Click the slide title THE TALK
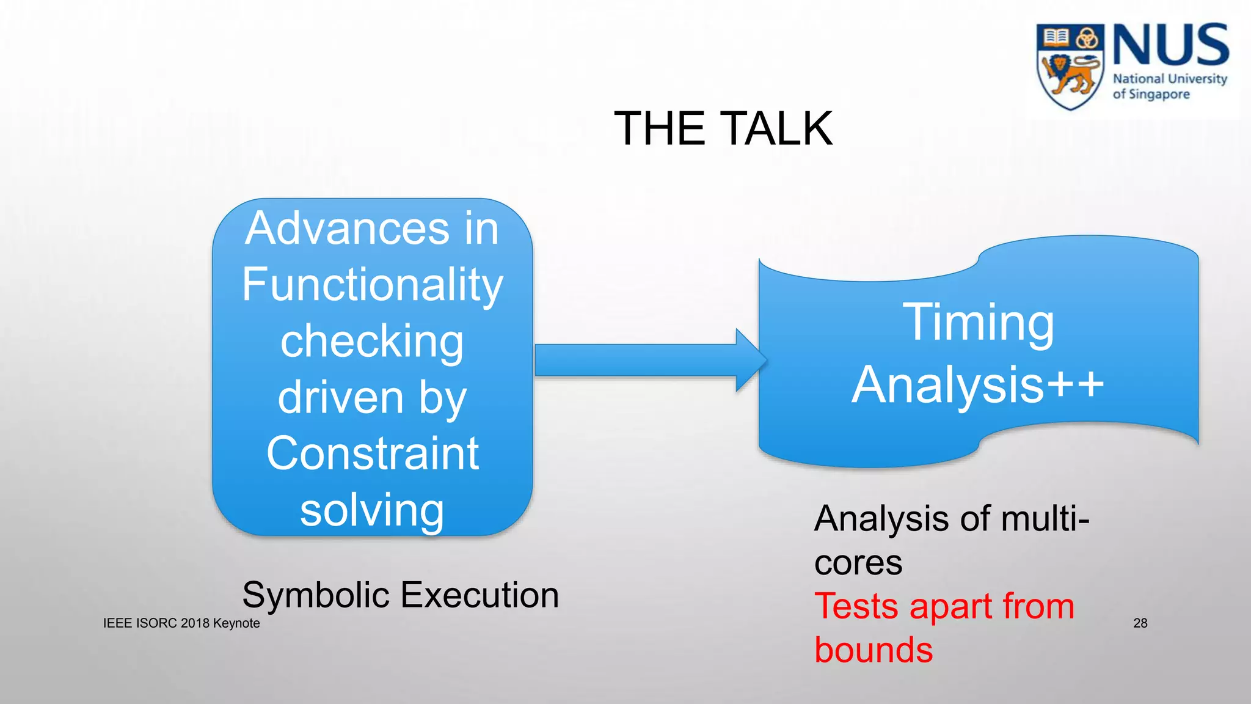pyautogui.click(x=723, y=129)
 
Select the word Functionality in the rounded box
pyautogui.click(x=372, y=285)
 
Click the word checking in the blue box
pyautogui.click(x=372, y=341)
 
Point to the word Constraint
pyautogui.click(x=372, y=453)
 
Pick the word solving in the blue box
pyautogui.click(x=372, y=510)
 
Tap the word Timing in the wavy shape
pyautogui.click(x=978, y=323)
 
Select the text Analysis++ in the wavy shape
pyautogui.click(x=978, y=385)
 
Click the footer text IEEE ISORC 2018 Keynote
pyautogui.click(x=181, y=623)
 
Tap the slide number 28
pyautogui.click(x=1140, y=623)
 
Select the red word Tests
pyautogui.click(x=858, y=607)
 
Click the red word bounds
pyautogui.click(x=874, y=650)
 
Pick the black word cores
pyautogui.click(x=858, y=563)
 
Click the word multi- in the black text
pyautogui.click(x=1045, y=519)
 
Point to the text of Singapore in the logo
pyautogui.click(x=1151, y=95)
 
